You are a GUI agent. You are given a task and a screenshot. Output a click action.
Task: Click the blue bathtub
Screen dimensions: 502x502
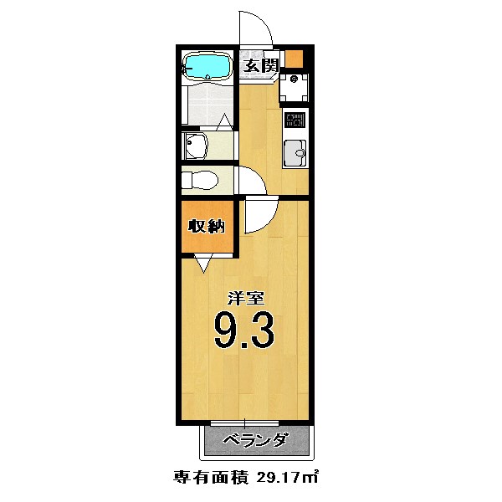coord(206,67)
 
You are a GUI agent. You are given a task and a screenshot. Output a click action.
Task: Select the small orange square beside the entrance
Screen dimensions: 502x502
coord(294,59)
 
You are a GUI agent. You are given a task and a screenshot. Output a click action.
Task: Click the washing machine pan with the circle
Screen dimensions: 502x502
coord(295,89)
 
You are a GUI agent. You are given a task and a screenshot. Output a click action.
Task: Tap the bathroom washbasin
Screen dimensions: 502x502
coord(196,146)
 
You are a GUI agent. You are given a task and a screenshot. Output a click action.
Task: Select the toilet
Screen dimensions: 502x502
coord(201,179)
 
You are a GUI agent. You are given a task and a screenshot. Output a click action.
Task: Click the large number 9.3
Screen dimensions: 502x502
coord(243,331)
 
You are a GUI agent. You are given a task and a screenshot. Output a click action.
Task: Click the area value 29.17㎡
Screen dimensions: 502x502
coord(288,478)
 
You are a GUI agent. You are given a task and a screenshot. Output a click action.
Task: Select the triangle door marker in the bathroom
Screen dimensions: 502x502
coord(223,122)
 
